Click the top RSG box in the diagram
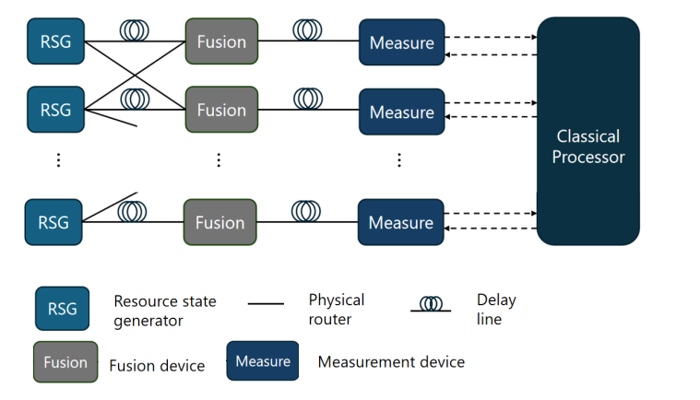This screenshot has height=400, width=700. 55,41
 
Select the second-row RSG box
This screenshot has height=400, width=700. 55,110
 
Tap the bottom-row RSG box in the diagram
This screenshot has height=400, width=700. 55,222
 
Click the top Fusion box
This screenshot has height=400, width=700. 221,41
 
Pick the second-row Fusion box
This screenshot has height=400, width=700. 221,110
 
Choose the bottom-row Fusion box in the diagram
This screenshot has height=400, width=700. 221,222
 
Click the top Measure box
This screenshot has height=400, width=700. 401,42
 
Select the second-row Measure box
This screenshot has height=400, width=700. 401,112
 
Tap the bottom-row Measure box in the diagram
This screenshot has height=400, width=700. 401,222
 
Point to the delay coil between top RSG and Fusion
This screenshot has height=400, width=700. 135,29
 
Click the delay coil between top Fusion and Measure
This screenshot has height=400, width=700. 308,29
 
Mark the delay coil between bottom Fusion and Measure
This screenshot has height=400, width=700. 307,211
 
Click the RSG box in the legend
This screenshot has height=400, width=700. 63,308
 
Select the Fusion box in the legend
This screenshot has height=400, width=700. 65,362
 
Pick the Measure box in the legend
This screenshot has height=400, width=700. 263,361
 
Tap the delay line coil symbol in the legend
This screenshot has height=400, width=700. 430,303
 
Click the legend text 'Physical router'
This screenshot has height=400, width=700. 337,309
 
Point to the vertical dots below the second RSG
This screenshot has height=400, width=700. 58,160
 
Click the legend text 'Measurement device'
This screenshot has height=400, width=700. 391,361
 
